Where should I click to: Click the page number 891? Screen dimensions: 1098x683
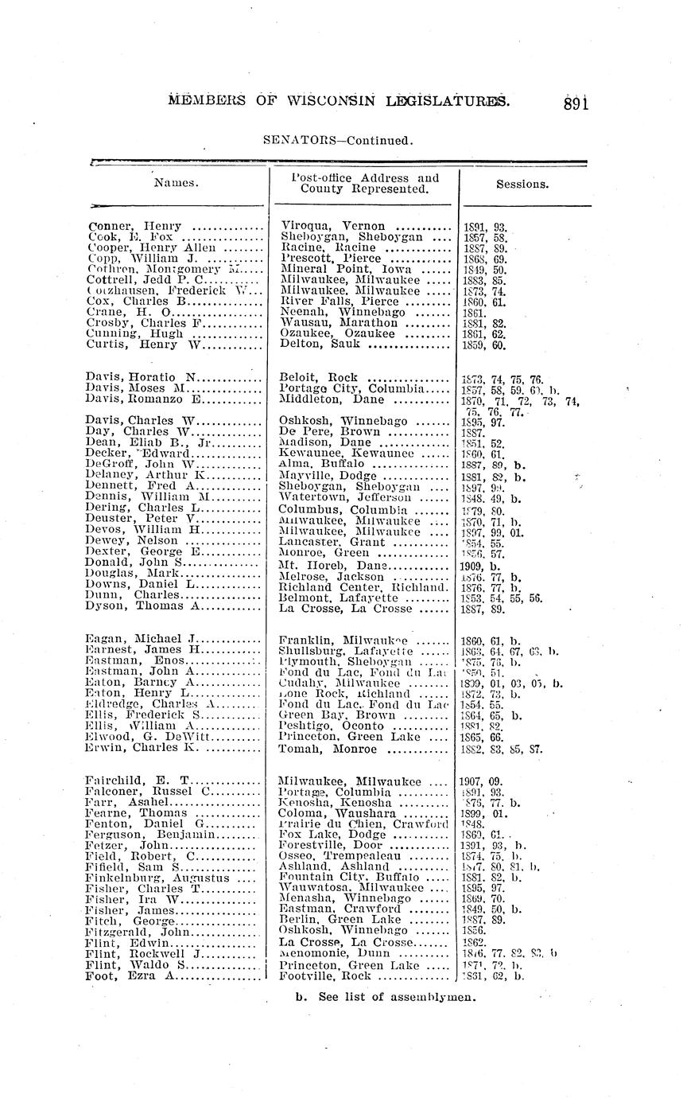pos(576,103)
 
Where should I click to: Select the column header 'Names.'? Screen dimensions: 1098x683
pos(175,183)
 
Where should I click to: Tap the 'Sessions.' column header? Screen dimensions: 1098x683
pos(522,184)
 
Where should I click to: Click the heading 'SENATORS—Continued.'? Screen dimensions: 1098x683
pos(339,142)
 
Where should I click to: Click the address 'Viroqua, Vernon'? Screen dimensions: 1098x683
pos(333,226)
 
